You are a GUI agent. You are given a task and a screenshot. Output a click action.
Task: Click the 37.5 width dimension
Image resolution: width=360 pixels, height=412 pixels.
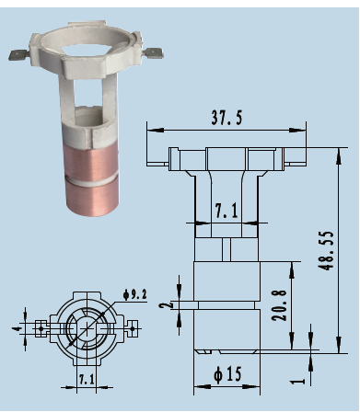(x=226, y=117)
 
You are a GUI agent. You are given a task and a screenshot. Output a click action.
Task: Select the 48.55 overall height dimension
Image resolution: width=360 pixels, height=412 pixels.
(x=326, y=250)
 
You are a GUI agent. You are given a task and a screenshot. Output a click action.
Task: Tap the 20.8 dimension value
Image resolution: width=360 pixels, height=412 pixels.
(x=279, y=305)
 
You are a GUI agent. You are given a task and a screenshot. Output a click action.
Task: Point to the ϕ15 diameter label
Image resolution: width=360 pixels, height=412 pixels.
(x=227, y=373)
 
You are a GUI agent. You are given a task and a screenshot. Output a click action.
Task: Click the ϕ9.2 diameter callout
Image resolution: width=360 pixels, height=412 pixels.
(x=135, y=294)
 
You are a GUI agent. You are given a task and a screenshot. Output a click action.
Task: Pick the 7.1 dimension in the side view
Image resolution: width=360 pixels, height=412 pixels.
(x=226, y=211)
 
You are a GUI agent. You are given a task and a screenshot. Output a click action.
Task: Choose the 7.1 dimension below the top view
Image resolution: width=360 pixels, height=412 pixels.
(x=87, y=379)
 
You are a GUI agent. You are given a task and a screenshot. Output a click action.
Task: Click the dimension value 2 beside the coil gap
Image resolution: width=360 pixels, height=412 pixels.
(x=166, y=305)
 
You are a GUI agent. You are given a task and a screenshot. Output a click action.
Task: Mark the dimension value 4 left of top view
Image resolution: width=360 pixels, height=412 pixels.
(x=17, y=328)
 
